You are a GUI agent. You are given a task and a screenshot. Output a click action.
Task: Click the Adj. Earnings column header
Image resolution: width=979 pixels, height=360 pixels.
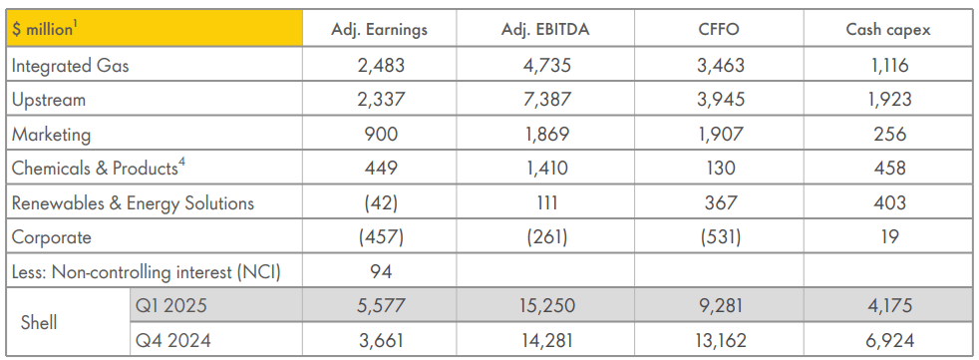[x=379, y=29]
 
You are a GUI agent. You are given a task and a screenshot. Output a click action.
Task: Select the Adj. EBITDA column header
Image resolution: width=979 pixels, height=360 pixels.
[x=545, y=29]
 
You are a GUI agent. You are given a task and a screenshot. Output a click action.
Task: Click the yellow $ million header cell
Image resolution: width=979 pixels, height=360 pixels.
[x=154, y=28]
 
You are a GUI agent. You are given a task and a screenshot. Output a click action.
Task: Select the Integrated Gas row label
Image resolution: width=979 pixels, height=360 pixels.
[x=70, y=66]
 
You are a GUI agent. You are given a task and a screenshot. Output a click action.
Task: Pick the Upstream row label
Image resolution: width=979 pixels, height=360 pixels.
[x=48, y=100]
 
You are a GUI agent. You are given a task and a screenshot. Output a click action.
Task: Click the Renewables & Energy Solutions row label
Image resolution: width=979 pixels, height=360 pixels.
[x=133, y=203]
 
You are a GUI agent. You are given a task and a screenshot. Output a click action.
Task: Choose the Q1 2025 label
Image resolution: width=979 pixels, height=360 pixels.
[x=173, y=306]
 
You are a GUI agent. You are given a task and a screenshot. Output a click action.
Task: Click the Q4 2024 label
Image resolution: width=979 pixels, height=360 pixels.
[x=173, y=340]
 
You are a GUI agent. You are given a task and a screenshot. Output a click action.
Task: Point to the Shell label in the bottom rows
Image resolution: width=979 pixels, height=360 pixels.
[x=39, y=323]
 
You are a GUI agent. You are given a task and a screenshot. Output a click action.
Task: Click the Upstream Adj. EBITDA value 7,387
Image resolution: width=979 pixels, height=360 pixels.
[x=545, y=100]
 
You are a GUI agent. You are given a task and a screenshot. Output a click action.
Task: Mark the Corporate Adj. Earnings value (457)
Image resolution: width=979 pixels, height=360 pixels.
[x=379, y=237]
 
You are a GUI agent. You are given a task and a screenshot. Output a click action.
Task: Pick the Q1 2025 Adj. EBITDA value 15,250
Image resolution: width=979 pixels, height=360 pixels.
[x=545, y=306]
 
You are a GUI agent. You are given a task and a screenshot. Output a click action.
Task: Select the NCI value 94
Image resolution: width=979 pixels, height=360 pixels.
[x=379, y=271]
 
